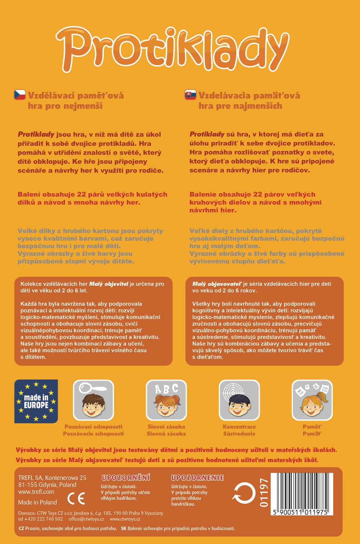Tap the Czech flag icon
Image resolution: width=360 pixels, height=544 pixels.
pyautogui.click(x=20, y=95)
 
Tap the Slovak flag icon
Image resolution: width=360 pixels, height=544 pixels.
pyautogui.click(x=191, y=95)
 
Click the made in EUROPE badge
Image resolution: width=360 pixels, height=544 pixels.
pyautogui.click(x=36, y=401)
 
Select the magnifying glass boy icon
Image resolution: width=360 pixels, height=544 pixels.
pyautogui.click(x=93, y=400)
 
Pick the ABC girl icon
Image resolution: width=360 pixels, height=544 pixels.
pyautogui.click(x=166, y=400)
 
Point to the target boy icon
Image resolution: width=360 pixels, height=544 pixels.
pyautogui.click(x=239, y=400)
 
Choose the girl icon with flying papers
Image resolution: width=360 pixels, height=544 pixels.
pyautogui.click(x=312, y=400)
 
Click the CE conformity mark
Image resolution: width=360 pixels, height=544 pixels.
pyautogui.click(x=76, y=499)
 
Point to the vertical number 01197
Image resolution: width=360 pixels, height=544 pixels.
pyautogui.click(x=264, y=493)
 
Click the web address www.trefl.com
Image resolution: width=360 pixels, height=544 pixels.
pyautogui.click(x=36, y=492)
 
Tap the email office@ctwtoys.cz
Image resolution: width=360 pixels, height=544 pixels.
pyautogui.click(x=86, y=519)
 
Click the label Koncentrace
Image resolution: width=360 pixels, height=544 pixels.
pyautogui.click(x=239, y=427)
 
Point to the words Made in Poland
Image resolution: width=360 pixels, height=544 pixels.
pyautogui.click(x=37, y=502)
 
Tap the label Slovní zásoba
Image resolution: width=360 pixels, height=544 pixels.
pyautogui.click(x=166, y=427)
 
